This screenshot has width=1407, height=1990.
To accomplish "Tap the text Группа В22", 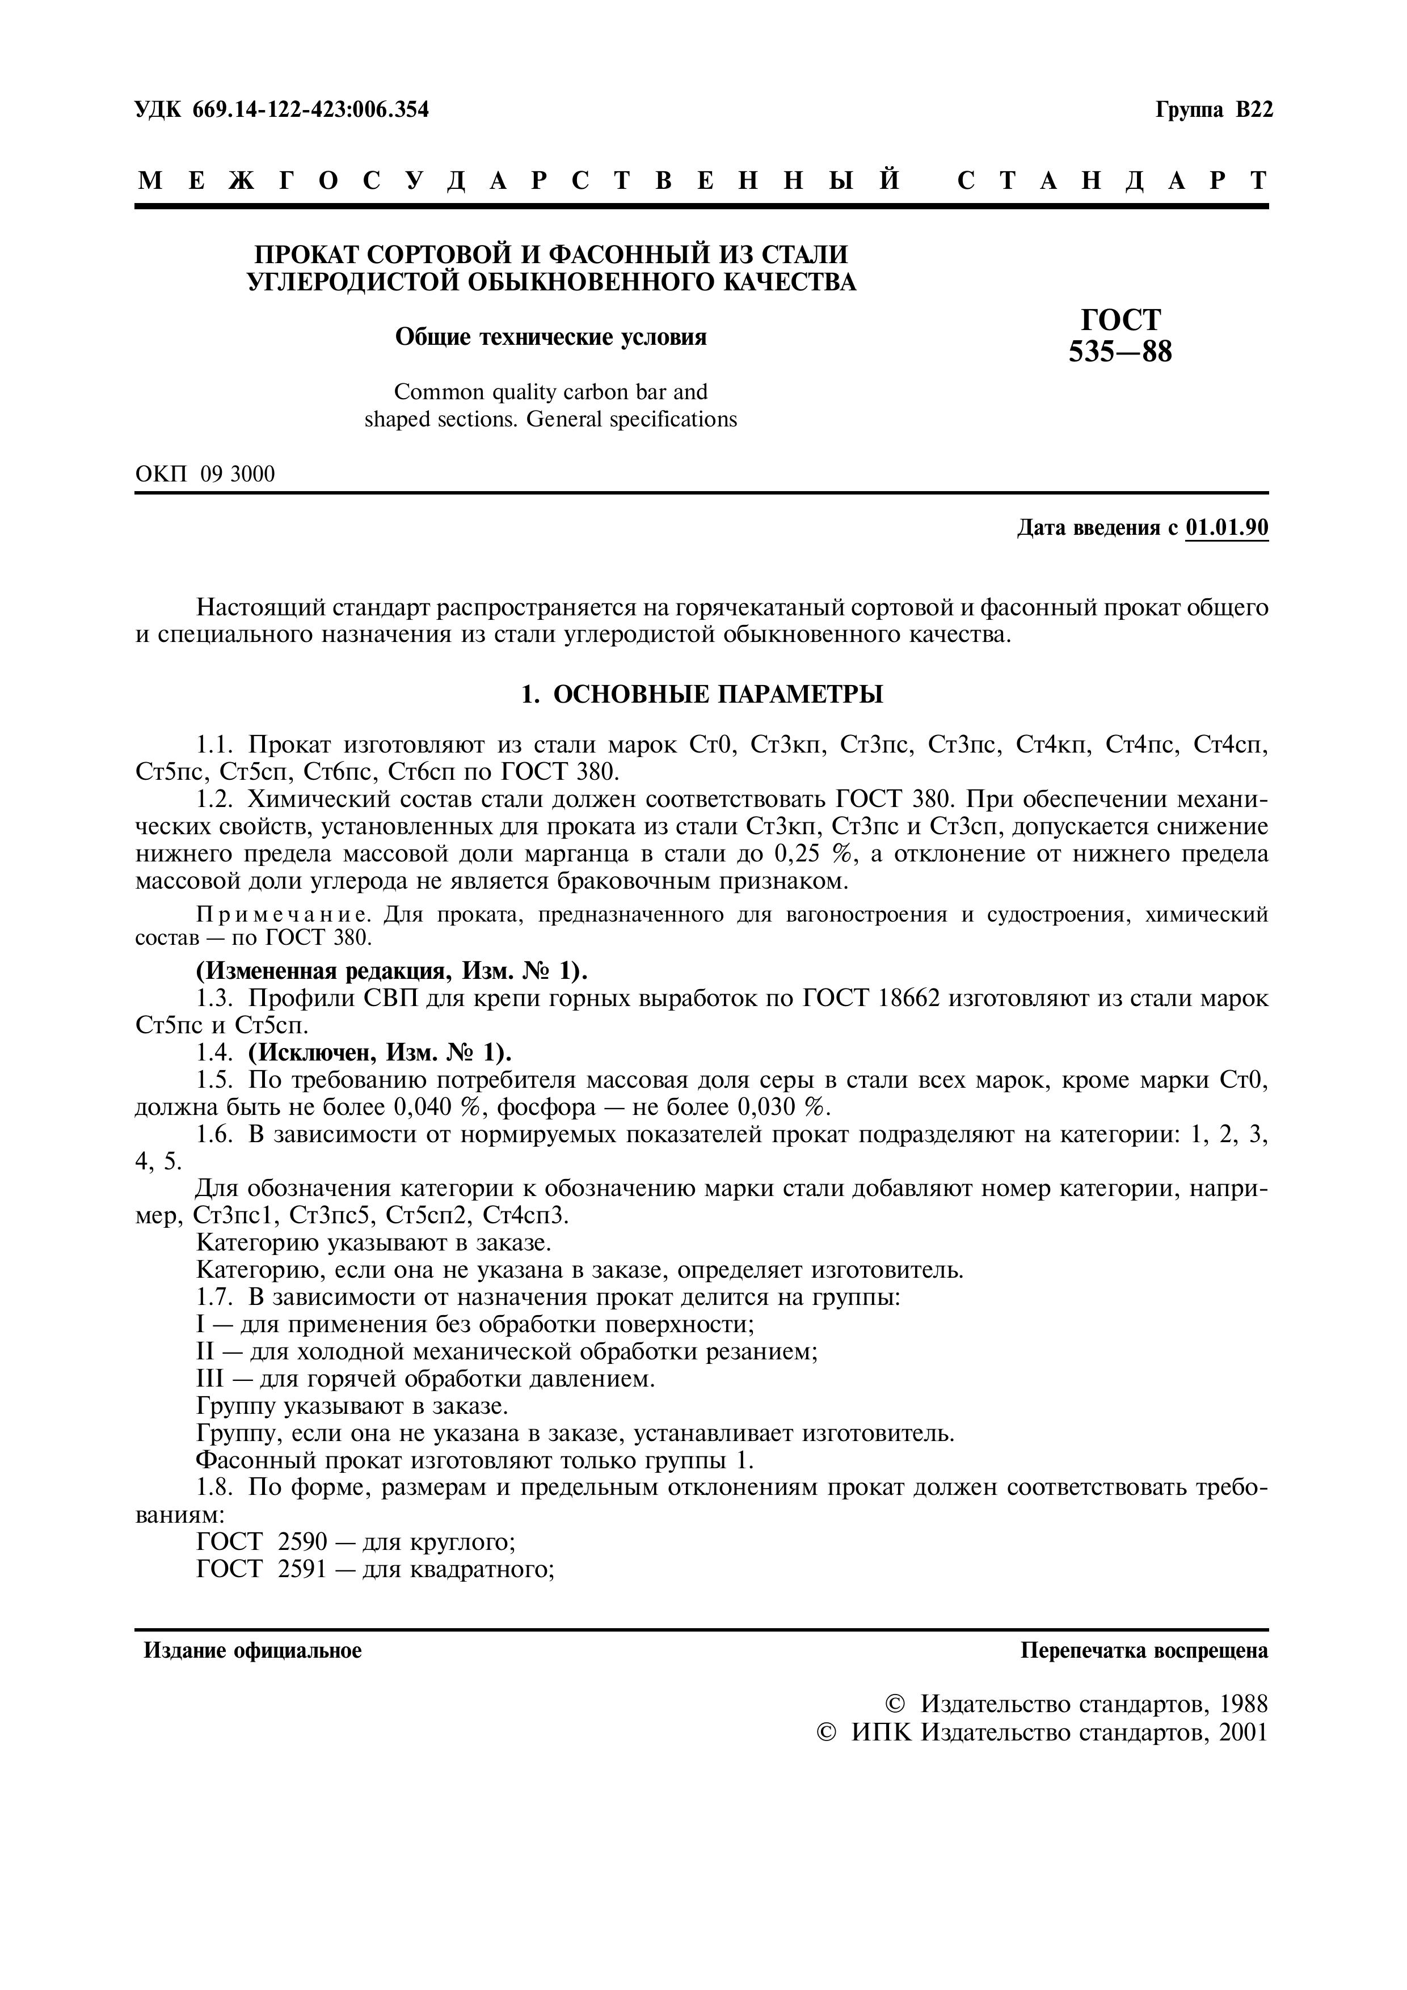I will coord(1214,110).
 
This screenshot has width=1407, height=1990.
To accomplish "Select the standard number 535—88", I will coord(1120,352).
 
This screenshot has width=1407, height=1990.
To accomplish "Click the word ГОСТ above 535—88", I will coord(1120,320).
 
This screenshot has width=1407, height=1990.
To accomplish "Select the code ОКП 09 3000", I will coord(205,474).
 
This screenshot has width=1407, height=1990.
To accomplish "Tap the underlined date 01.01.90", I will coord(1227,528).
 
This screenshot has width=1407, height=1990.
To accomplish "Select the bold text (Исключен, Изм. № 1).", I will coord(380,1053).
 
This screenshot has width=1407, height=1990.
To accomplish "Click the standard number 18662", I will coord(910,999).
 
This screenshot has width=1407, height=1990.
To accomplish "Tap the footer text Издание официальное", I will coord(252,1651).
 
